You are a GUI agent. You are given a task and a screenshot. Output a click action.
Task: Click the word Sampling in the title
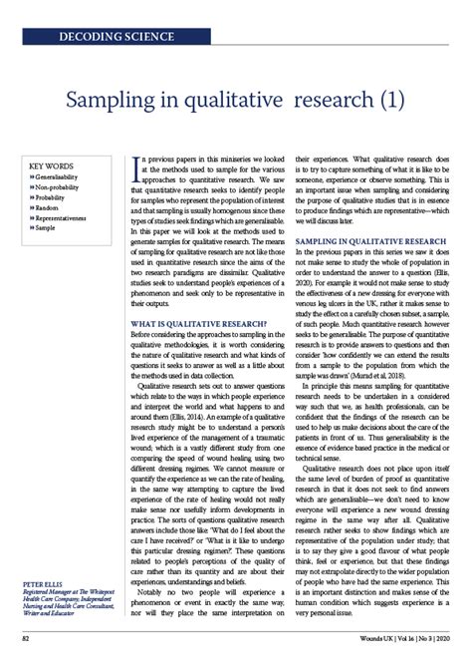[108, 102]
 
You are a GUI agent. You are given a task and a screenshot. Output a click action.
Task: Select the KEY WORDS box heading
[51, 166]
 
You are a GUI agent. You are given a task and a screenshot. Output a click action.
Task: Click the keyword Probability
[55, 197]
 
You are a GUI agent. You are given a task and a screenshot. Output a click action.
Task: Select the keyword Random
[51, 207]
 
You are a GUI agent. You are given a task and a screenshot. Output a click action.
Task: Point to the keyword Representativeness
[68, 218]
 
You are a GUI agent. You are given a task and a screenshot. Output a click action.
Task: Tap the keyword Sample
[49, 228]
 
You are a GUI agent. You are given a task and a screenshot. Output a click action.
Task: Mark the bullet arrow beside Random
[32, 207]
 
